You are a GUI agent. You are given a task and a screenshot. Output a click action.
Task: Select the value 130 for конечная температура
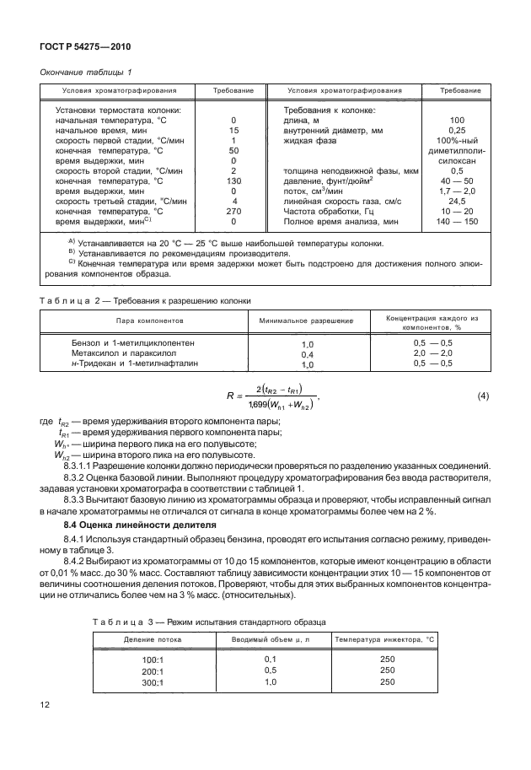233,181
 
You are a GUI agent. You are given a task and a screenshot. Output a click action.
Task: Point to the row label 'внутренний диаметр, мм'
335,131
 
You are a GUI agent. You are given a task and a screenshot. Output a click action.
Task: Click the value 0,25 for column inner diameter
458,131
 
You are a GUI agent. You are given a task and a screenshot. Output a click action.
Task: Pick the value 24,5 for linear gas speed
458,202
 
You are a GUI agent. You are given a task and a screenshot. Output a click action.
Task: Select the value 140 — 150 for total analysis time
458,222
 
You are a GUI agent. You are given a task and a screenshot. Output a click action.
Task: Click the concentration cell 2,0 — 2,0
433,353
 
